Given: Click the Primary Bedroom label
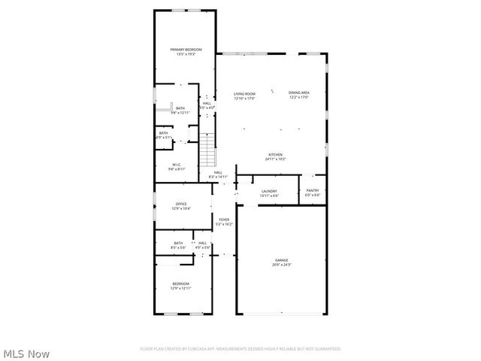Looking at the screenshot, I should [x=186, y=50].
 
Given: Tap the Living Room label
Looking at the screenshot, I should [x=244, y=94].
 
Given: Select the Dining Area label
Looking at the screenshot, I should [x=300, y=94].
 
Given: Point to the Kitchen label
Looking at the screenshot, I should [x=276, y=155].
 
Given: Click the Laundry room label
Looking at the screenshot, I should [x=269, y=191].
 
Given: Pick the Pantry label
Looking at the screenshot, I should [x=312, y=191].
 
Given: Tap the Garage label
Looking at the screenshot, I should [x=281, y=260].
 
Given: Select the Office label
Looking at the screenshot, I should [x=181, y=204].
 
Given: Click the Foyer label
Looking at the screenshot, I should [x=224, y=220].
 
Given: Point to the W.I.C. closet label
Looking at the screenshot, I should [x=177, y=165].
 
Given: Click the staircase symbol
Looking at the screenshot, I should [x=208, y=150].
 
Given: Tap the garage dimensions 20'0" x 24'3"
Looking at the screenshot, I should [x=281, y=265].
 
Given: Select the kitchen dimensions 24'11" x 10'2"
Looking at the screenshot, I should [x=276, y=159].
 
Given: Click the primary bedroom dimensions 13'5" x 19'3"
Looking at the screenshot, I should [x=186, y=54].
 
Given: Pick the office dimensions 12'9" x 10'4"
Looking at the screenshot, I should [x=181, y=208].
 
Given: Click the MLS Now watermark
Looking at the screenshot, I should [x=26, y=352].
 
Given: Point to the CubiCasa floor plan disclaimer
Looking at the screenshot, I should [x=240, y=349].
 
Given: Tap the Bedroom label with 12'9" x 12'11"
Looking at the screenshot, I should [x=180, y=284].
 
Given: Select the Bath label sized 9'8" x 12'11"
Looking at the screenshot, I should [x=180, y=108].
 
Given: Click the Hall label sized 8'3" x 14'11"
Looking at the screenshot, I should [x=218, y=173].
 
